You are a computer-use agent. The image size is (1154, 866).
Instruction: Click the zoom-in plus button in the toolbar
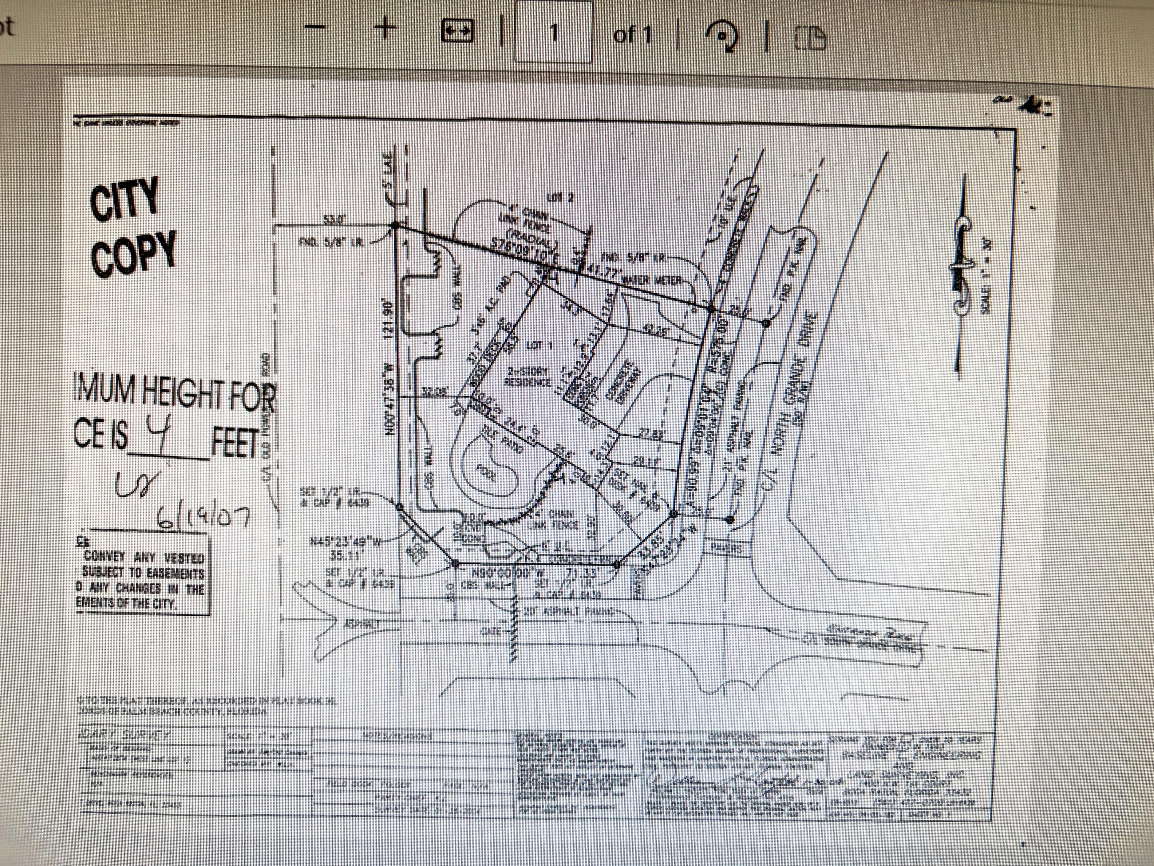385,30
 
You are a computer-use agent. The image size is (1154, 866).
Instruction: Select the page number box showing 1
554,32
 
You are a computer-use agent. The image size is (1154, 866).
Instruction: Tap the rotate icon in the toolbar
722,35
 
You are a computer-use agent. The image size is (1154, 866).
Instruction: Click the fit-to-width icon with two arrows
457,31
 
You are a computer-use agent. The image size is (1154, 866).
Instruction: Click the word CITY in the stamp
124,199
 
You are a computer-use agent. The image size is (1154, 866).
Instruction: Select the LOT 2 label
559,198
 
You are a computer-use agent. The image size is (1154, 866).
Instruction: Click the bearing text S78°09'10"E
526,251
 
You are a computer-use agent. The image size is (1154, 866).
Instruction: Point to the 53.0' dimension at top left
332,220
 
